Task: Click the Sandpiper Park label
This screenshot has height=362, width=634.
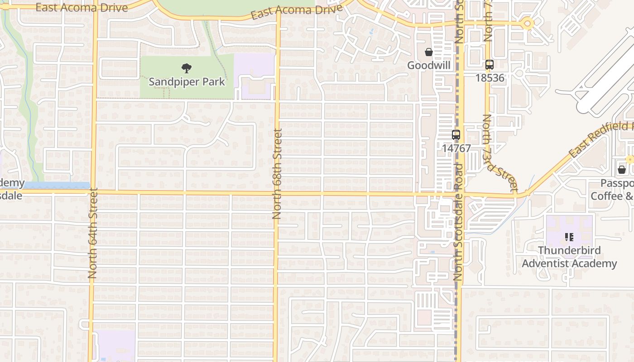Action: click(187, 82)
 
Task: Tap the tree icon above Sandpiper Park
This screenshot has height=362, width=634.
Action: click(186, 69)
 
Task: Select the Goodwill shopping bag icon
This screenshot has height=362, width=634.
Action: click(428, 52)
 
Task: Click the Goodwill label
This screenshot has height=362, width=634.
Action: click(429, 66)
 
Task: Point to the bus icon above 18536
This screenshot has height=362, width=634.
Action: click(489, 65)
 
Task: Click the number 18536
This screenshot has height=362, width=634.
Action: click(490, 77)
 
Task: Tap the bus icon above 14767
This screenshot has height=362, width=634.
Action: click(456, 135)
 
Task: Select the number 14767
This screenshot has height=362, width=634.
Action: click(456, 148)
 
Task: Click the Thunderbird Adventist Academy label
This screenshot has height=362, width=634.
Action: click(569, 257)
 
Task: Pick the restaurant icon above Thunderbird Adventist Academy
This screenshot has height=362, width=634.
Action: click(569, 237)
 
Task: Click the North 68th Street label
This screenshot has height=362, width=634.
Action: click(277, 174)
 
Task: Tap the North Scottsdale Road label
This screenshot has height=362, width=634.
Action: click(458, 222)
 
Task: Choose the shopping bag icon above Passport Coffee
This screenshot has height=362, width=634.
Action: click(622, 170)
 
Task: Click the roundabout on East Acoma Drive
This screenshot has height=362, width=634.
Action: click(527, 23)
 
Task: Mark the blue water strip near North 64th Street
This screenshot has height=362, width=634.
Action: click(57, 186)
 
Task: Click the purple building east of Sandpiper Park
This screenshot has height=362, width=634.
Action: click(255, 75)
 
